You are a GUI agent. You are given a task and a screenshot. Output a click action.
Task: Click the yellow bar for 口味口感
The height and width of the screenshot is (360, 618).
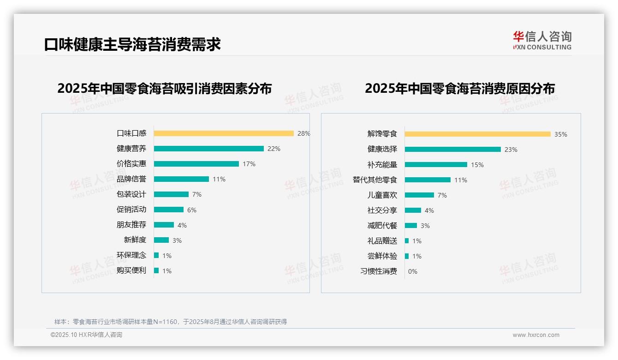tap(224, 133)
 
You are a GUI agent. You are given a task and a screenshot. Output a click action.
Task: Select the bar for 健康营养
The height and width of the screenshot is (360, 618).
tap(208, 149)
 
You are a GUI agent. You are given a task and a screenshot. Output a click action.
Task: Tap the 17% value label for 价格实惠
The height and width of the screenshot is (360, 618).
tap(249, 164)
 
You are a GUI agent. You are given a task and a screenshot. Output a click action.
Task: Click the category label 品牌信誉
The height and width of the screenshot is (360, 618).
tap(131, 179)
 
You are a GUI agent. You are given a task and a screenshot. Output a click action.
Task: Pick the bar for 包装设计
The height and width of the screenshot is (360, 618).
tap(171, 194)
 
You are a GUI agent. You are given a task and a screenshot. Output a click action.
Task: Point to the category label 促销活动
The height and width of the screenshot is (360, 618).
tap(131, 210)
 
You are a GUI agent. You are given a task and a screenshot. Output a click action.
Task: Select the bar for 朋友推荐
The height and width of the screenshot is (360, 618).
tap(164, 225)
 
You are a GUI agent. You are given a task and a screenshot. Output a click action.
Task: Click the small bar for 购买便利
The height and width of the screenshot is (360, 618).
tap(156, 270)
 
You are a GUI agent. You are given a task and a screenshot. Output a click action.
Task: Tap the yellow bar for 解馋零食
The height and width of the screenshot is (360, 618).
tap(478, 134)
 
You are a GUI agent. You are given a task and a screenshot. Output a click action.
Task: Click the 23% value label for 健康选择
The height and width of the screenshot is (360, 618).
tap(511, 150)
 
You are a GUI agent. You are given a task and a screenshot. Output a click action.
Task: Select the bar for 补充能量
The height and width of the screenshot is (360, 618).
tap(436, 165)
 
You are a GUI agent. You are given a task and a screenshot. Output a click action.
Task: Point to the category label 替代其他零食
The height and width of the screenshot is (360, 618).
tap(375, 180)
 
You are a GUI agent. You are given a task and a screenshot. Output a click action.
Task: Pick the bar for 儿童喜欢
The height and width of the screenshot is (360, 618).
tap(419, 195)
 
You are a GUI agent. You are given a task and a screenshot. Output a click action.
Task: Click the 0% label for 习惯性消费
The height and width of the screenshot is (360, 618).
tap(413, 271)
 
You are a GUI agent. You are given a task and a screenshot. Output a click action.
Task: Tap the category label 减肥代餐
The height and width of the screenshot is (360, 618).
tap(382, 226)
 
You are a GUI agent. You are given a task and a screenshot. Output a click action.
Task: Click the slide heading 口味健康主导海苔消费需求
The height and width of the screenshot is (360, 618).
tap(132, 44)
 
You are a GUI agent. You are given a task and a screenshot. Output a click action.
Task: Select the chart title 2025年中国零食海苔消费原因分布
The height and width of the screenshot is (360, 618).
tap(460, 88)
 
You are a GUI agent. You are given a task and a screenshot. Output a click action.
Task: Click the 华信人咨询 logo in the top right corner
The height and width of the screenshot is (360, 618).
tap(542, 40)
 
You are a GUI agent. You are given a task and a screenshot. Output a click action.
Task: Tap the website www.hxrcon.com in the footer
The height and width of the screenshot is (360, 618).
tap(536, 335)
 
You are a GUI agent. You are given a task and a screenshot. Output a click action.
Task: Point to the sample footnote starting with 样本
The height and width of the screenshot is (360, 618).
tap(171, 322)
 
